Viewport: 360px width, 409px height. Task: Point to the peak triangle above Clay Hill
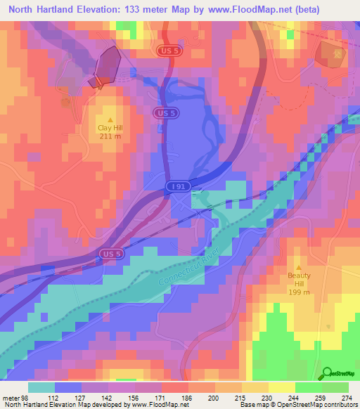(110, 119)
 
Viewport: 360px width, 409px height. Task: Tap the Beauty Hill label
(297, 275)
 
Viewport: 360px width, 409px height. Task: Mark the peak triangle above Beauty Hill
(297, 267)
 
